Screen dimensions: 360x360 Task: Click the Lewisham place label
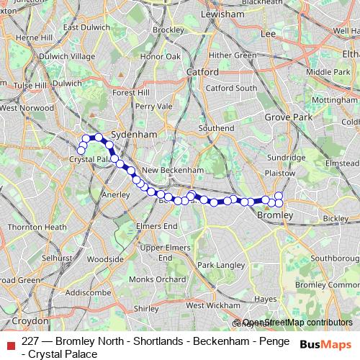pyautogui.click(x=223, y=14)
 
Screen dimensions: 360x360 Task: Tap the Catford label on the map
pyautogui.click(x=202, y=72)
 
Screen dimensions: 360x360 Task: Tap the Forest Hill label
pyautogui.click(x=130, y=92)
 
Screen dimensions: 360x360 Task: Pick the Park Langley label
pyautogui.click(x=220, y=265)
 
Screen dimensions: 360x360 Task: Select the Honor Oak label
pyautogui.click(x=161, y=55)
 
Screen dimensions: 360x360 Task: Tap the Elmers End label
pyautogui.click(x=160, y=226)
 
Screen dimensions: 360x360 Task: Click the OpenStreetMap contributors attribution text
pyautogui.click(x=297, y=323)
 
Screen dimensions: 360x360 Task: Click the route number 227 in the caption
pyautogui.click(x=31, y=342)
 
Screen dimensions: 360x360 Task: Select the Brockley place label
pyautogui.click(x=168, y=30)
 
